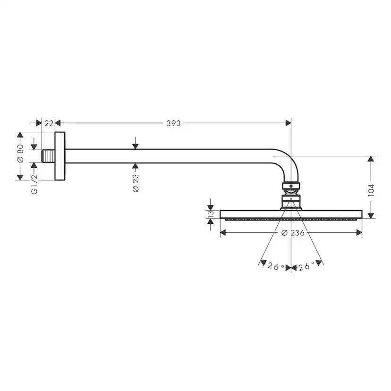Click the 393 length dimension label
click(x=173, y=123)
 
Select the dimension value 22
click(x=48, y=123)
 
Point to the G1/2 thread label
click(x=34, y=184)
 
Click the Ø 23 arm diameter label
click(x=136, y=183)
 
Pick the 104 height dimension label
click(x=371, y=190)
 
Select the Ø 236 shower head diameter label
click(x=292, y=233)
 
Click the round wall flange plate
click(x=60, y=156)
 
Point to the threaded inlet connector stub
click(x=48, y=156)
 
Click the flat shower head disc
click(x=291, y=214)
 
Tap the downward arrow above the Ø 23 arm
click(x=136, y=145)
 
